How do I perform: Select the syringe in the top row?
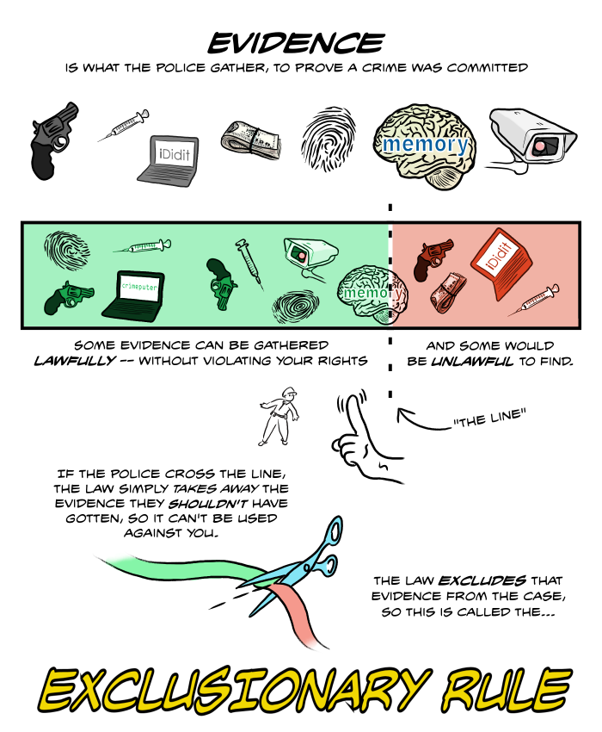(123, 125)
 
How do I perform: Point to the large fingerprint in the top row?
(329, 139)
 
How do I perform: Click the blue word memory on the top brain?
(425, 144)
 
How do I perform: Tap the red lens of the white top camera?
(539, 146)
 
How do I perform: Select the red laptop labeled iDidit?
(501, 263)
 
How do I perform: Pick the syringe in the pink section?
(533, 301)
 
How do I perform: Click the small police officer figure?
(279, 416)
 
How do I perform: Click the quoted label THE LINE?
(489, 418)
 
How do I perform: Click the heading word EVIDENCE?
(296, 43)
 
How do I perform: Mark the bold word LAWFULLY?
(75, 361)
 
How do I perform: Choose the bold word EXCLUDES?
(482, 580)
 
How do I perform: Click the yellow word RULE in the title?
(507, 690)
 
